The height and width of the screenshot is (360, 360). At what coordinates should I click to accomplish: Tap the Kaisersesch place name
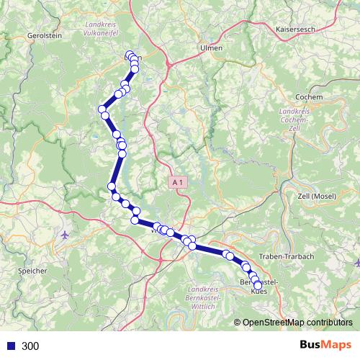tap(295, 30)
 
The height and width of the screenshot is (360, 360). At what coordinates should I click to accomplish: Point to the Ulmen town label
tap(210, 48)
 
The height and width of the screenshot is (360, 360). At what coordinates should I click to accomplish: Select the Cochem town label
tap(309, 96)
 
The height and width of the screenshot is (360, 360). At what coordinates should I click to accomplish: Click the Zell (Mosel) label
tap(318, 196)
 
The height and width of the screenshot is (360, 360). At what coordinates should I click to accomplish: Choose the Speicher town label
tap(32, 271)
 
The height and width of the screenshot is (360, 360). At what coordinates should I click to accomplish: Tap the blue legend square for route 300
tap(10, 346)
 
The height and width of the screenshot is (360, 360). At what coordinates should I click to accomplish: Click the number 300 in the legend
tap(31, 346)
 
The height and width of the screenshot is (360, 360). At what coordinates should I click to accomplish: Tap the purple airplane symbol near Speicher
tap(66, 235)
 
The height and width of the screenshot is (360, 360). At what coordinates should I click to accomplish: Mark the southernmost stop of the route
tap(258, 286)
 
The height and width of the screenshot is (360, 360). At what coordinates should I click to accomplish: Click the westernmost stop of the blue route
tap(102, 109)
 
